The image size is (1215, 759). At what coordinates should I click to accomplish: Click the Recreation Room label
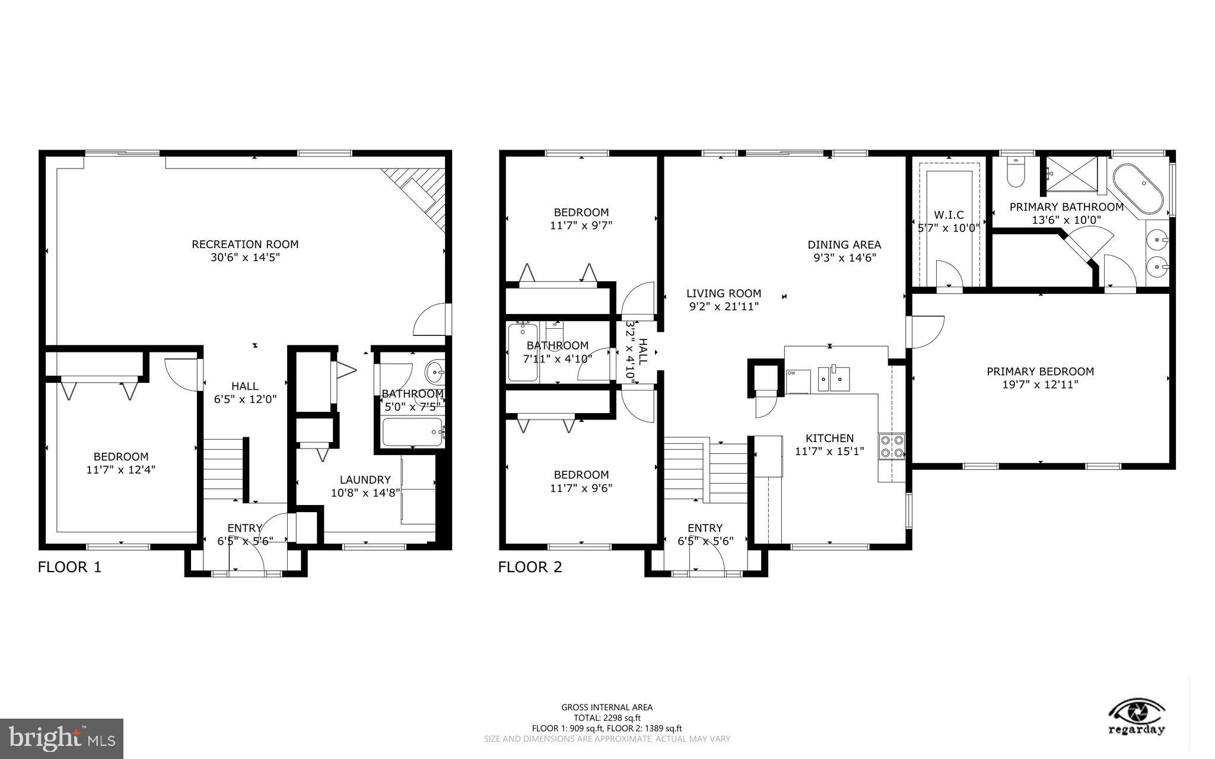245,244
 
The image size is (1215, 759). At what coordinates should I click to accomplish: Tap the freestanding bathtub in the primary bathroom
1137,189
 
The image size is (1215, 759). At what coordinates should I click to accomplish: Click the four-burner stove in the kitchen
892,447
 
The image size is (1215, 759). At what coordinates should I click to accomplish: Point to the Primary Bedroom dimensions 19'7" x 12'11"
1040,385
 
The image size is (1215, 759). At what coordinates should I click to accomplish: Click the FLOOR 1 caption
69,567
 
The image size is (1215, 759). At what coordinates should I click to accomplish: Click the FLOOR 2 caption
530,567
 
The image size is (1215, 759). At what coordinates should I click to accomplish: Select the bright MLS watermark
62,738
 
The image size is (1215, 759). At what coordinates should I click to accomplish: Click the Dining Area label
844,244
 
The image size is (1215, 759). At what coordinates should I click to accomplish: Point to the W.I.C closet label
949,215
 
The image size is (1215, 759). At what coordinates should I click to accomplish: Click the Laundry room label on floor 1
365,479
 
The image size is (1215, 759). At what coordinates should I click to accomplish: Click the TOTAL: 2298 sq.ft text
607,717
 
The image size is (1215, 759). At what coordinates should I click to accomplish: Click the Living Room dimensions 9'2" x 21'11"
723,306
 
